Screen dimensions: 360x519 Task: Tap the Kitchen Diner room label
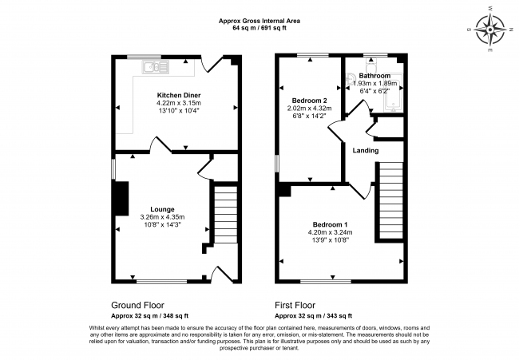tap(178, 95)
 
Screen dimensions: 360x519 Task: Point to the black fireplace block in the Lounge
tap(121, 202)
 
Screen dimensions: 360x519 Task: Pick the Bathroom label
tap(374, 76)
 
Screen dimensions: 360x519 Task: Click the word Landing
tap(366, 150)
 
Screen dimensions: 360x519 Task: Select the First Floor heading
tap(296, 305)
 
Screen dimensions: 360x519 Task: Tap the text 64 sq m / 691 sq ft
tap(260, 28)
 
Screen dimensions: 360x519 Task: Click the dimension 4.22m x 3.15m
tap(178, 103)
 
